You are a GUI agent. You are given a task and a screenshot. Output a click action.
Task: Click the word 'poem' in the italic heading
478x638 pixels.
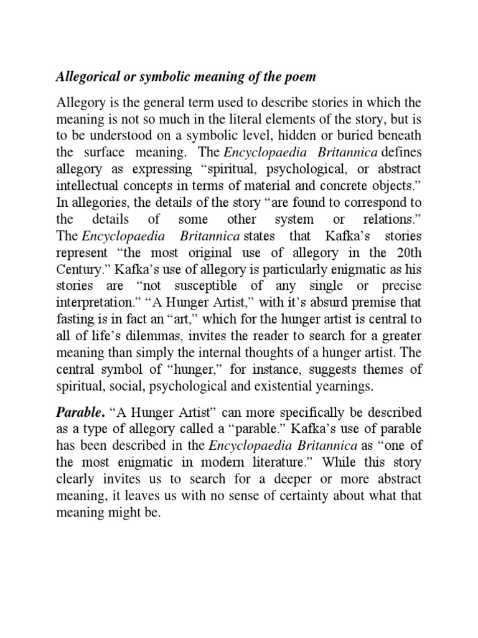point(298,77)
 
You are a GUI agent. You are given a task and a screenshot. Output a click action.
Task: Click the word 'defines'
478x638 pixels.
point(400,152)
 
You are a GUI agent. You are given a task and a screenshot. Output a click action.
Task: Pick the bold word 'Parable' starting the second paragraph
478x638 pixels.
point(77,412)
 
